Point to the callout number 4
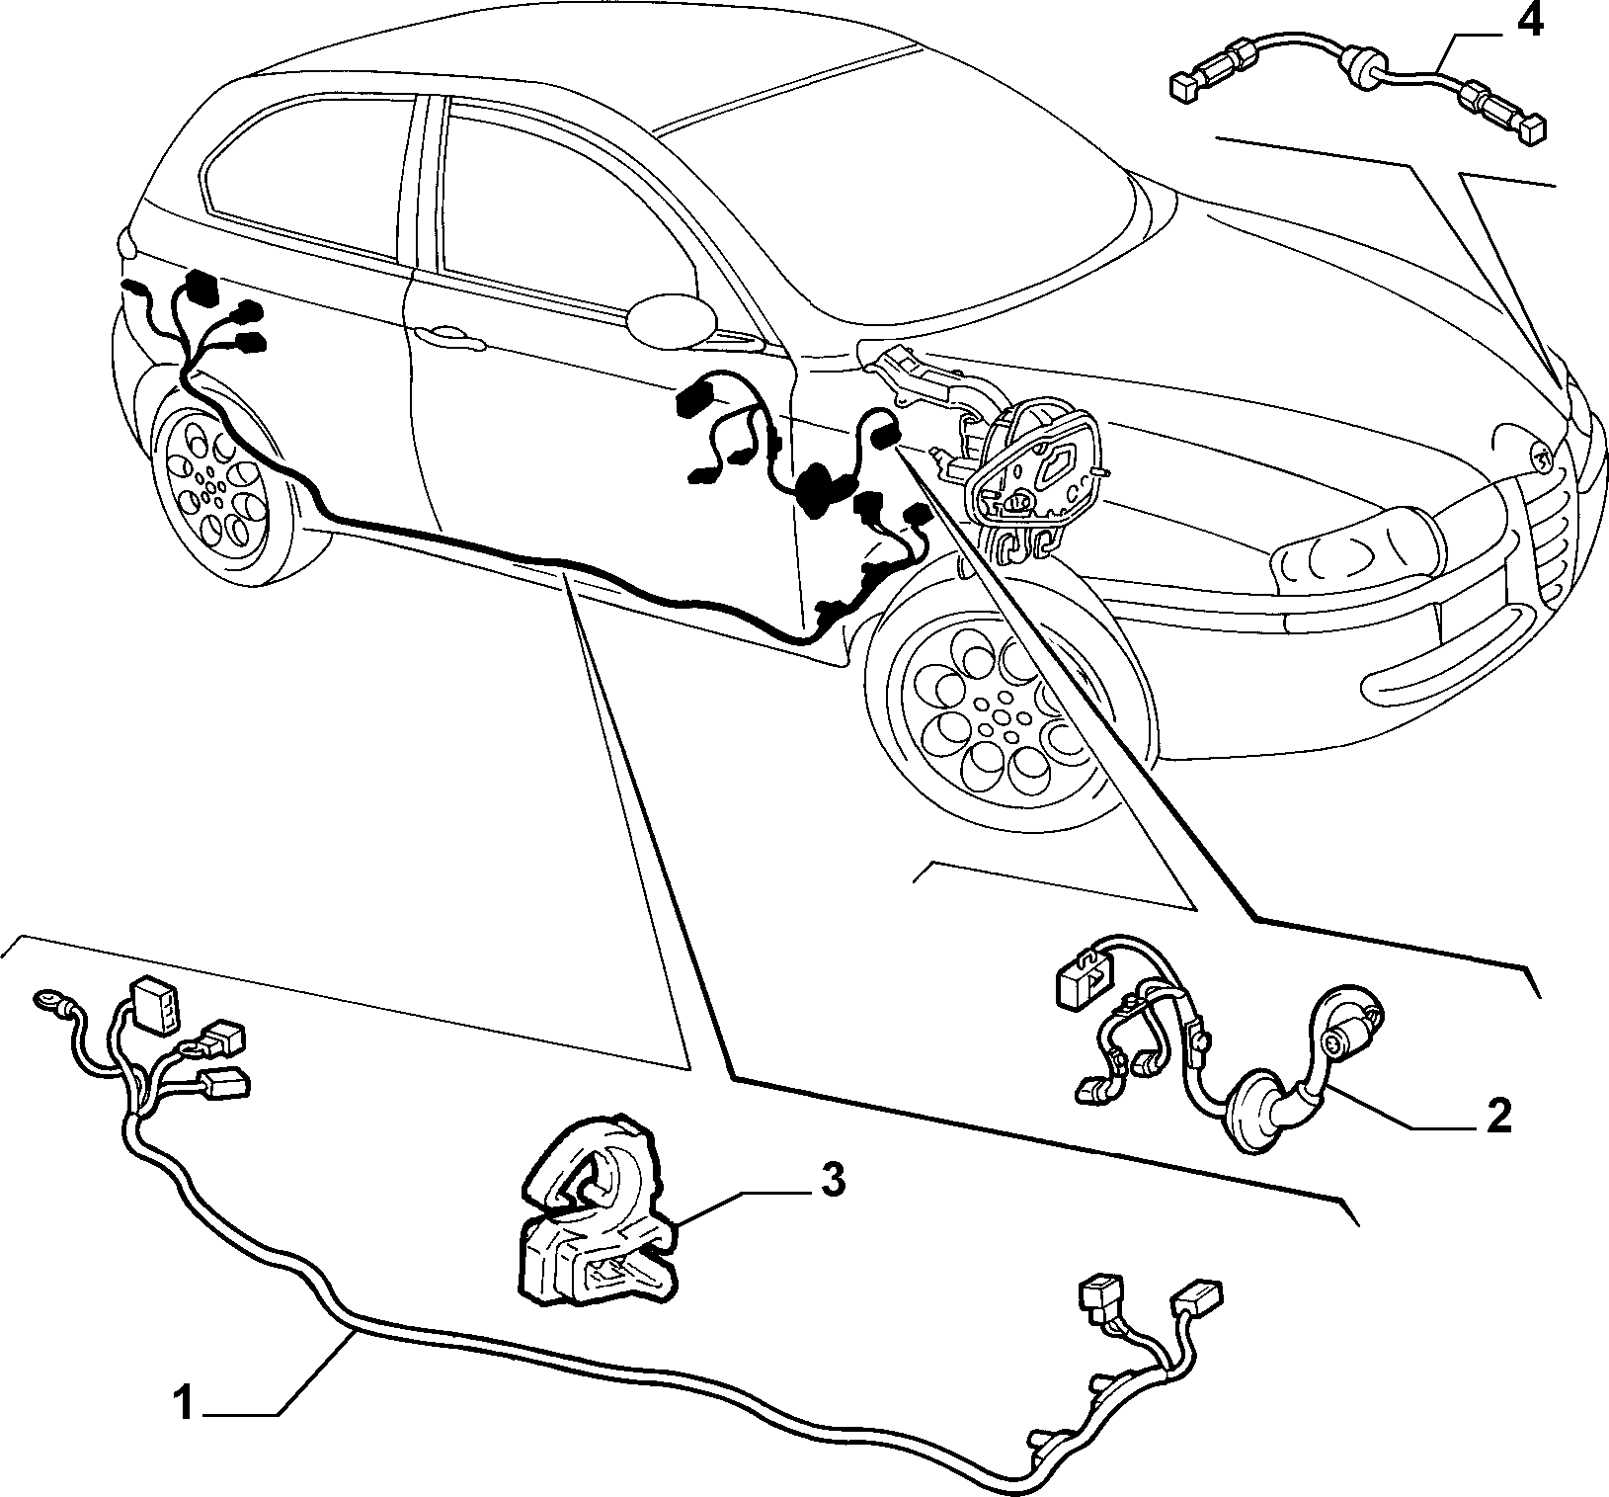coord(1528,21)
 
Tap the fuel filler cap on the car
coord(672,318)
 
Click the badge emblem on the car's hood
coord(1538,456)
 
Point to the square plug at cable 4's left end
coord(1182,87)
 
